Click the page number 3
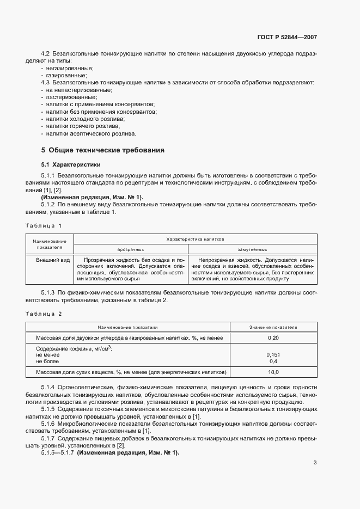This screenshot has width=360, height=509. (x=315, y=463)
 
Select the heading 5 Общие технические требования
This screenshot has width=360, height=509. (x=102, y=150)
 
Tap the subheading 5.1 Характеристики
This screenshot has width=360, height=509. (x=71, y=164)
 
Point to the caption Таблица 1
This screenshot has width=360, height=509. (x=44, y=225)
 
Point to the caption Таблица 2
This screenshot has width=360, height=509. (x=44, y=314)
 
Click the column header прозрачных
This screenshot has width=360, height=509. (x=130, y=249)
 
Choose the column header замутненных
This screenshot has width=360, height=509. (x=252, y=249)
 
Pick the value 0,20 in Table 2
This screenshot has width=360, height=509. (x=273, y=338)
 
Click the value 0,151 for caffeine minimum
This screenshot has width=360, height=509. (x=273, y=354)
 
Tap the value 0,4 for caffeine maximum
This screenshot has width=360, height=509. (x=273, y=361)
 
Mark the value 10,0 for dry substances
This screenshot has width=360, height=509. (x=273, y=372)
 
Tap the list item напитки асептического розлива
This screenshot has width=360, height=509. (x=91, y=133)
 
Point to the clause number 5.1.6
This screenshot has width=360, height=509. (x=48, y=422)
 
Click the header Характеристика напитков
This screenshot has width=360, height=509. (x=195, y=238)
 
